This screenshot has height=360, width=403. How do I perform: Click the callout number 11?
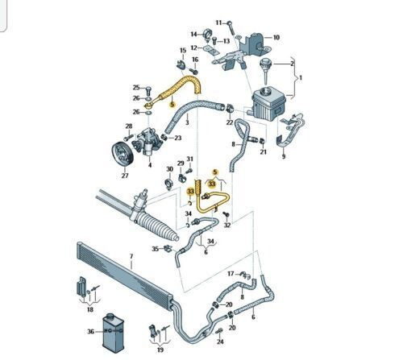click(219, 23)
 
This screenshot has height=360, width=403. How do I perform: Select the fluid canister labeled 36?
click(113, 333)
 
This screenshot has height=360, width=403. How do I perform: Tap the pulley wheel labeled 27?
click(123, 155)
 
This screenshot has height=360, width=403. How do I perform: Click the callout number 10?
click(276, 37)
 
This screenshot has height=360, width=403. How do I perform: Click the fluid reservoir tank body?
click(268, 103)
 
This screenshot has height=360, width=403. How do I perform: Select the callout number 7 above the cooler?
click(131, 257)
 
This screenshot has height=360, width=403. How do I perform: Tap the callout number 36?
click(91, 332)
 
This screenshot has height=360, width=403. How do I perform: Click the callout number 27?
click(125, 176)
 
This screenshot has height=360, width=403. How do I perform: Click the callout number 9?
click(284, 156)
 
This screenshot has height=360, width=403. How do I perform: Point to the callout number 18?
click(90, 309)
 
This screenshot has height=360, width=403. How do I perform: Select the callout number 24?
click(220, 341)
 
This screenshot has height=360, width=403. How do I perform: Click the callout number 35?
click(156, 249)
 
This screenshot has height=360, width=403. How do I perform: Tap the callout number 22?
click(230, 122)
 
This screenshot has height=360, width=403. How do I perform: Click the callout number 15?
click(183, 51)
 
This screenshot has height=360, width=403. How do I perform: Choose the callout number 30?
click(169, 169)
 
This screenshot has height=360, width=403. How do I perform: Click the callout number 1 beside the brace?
click(301, 78)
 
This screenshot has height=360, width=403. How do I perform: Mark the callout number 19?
click(160, 350)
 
